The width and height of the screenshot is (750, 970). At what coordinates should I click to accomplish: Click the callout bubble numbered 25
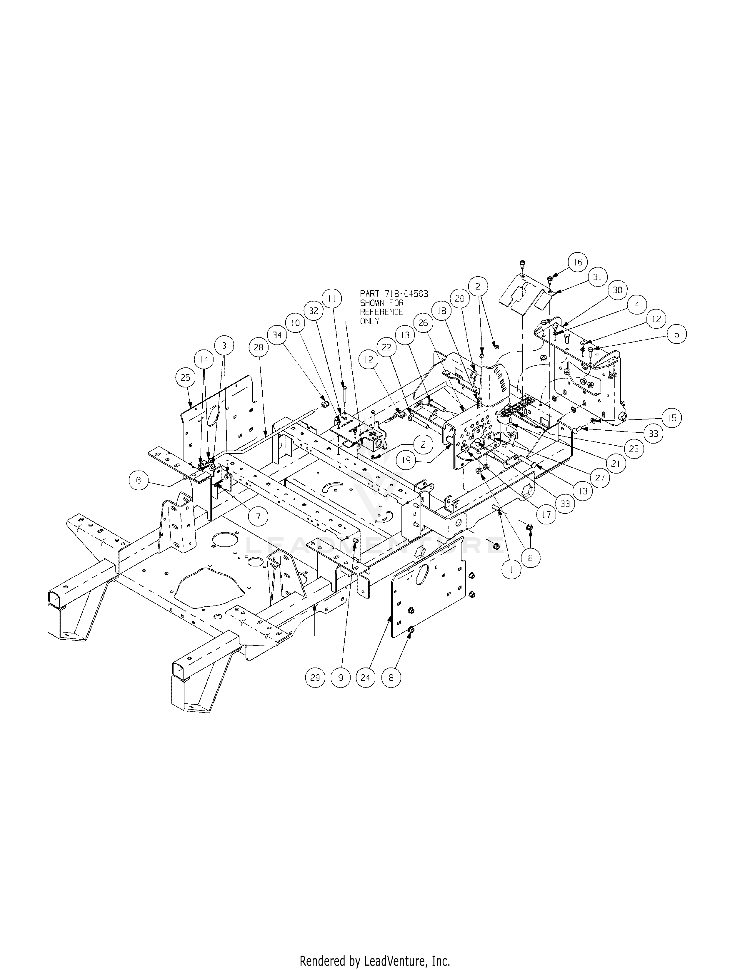click(x=185, y=377)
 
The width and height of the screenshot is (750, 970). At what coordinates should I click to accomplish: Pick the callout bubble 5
click(x=676, y=334)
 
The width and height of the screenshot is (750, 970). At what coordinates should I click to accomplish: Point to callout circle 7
click(x=259, y=516)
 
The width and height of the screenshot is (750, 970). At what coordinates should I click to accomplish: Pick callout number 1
click(x=512, y=569)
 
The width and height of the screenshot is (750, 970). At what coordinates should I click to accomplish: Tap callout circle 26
click(x=423, y=322)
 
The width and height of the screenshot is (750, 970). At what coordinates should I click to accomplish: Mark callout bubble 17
click(x=546, y=514)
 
